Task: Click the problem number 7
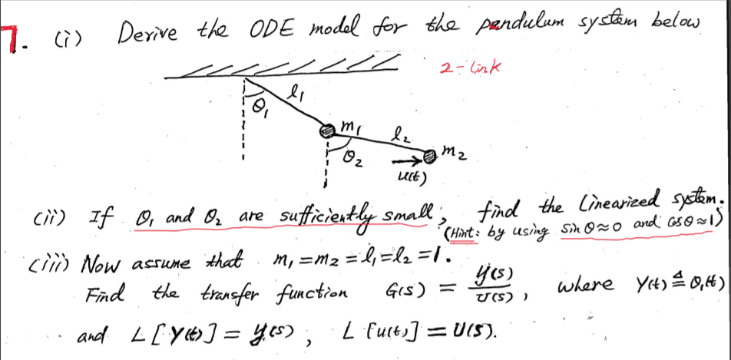point(8,36)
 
